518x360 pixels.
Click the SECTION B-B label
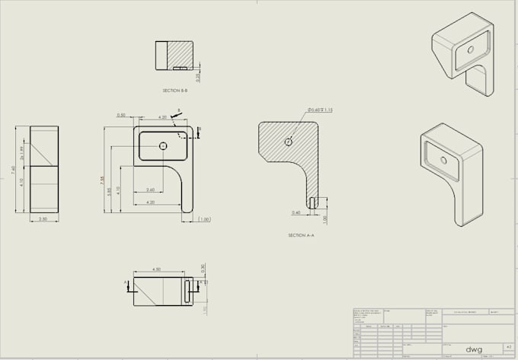coord(175,91)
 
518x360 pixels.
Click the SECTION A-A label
coord(302,235)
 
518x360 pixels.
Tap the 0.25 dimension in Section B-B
coord(198,77)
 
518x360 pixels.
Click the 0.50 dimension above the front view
coord(121,116)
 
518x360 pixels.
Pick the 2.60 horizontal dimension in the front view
coord(149,190)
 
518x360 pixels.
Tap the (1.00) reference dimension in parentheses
coord(204,220)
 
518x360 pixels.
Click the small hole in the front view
coord(163,145)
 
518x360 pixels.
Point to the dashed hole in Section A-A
coord(288,142)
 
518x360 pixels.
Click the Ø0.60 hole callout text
coord(320,110)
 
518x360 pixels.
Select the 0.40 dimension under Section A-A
coord(296,213)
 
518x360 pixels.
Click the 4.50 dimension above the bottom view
coord(157,269)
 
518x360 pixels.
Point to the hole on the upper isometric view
coord(470,49)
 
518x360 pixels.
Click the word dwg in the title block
coord(474,349)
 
